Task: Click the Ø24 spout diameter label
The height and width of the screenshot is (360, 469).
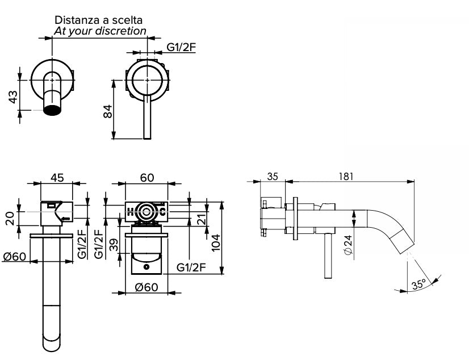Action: point(347,245)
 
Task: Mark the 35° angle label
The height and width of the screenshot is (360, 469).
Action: point(419,285)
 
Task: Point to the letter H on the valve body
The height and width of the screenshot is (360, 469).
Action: point(130,212)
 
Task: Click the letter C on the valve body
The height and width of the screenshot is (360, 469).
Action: point(163,212)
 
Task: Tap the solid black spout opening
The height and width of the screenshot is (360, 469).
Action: point(52,110)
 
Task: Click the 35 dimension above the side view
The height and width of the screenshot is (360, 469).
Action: point(273,177)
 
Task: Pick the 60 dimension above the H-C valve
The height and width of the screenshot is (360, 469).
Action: point(146,178)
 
